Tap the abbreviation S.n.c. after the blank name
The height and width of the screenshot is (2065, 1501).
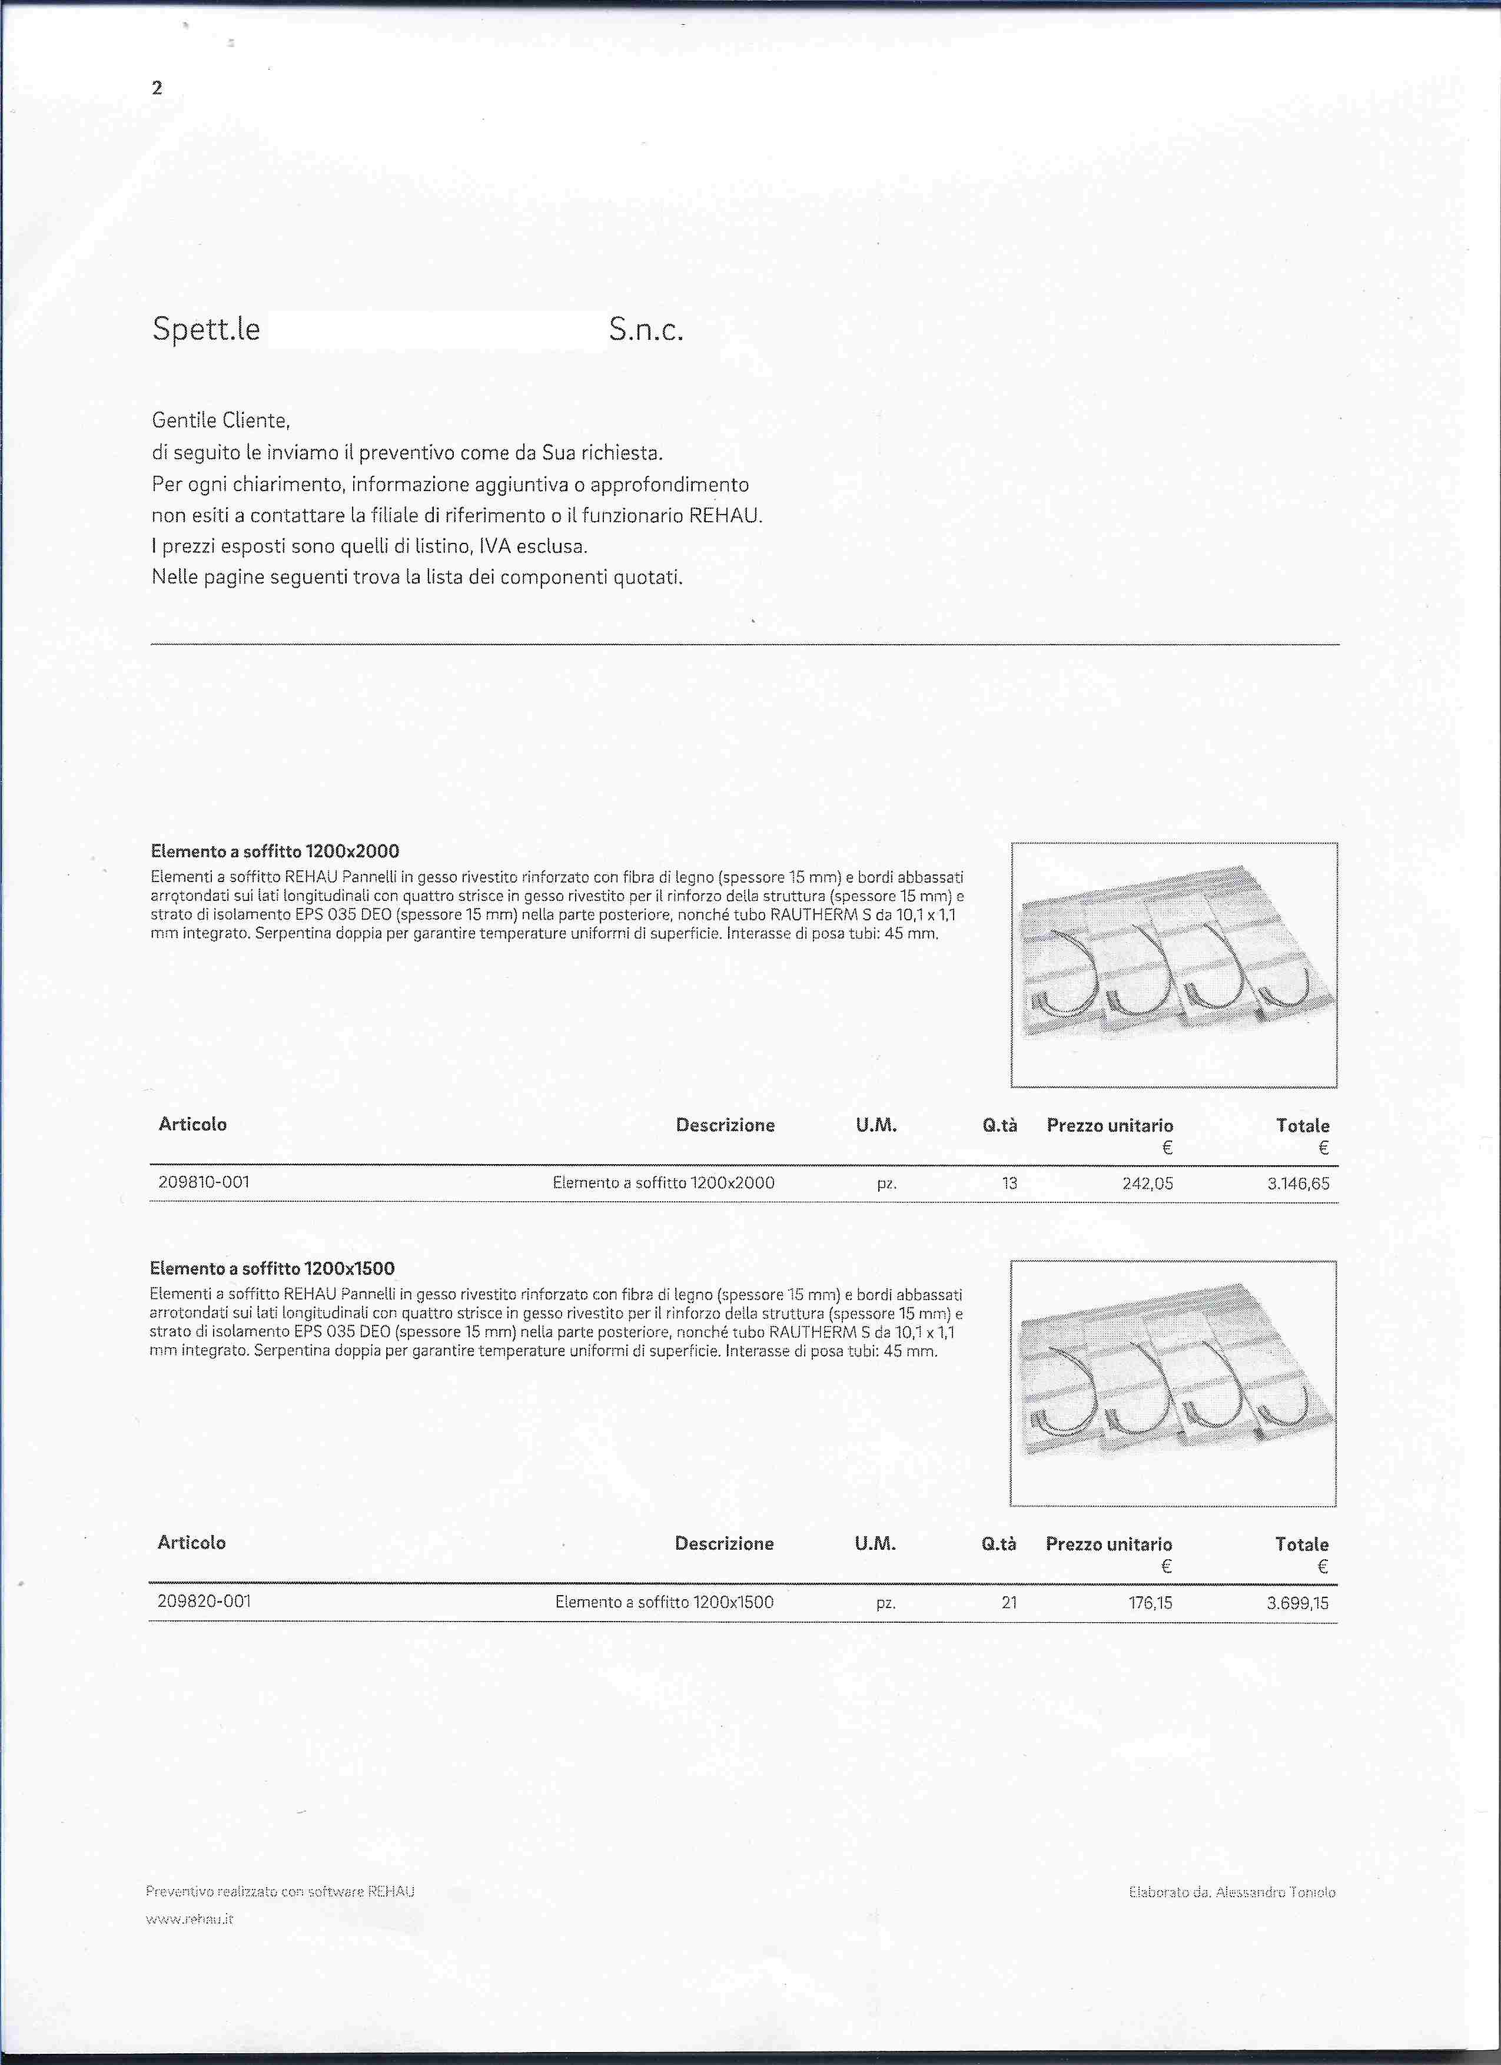pos(645,330)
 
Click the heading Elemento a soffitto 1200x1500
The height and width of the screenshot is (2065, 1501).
pos(271,1268)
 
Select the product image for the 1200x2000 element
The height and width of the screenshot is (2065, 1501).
pos(1173,964)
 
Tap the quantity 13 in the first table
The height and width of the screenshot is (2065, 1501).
pos(1008,1184)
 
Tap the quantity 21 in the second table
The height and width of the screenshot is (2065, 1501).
pos(1008,1602)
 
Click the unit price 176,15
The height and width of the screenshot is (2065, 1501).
pos(1150,1602)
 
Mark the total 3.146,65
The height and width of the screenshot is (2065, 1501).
pos(1298,1185)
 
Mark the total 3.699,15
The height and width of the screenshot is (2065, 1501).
pos(1297,1603)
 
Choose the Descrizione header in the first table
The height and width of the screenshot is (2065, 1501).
pos(725,1125)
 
